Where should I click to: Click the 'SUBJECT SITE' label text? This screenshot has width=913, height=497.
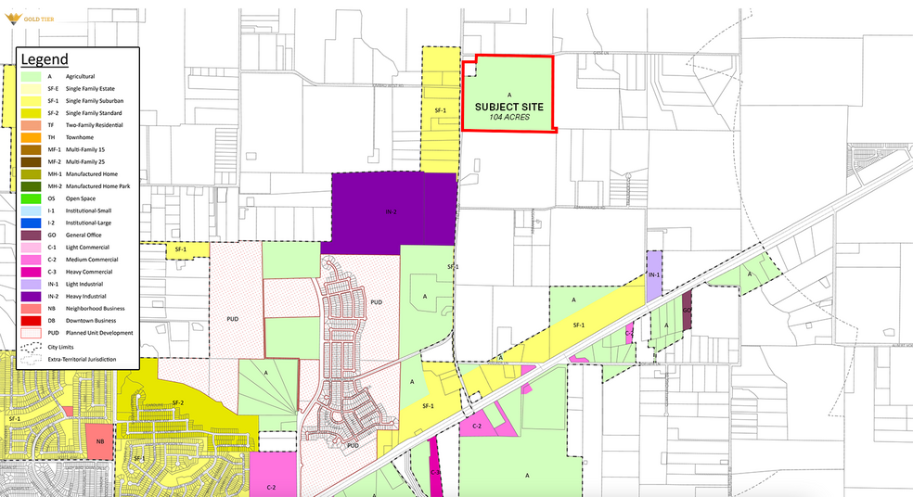pos(508,107)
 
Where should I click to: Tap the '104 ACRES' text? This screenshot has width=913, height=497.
pos(508,119)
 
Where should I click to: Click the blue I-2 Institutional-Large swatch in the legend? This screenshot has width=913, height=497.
pos(29,223)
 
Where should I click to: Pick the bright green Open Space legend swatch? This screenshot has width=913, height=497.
pos(29,198)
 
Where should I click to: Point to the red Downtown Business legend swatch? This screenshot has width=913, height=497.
pos(29,320)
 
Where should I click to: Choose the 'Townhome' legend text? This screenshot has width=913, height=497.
pos(81,137)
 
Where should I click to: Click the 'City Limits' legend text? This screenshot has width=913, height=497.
pos(80,347)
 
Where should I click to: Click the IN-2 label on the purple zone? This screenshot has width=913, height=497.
pos(392,212)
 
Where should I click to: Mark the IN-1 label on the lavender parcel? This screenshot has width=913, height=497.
pos(653,275)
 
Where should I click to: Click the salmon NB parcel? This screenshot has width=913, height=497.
pos(98,441)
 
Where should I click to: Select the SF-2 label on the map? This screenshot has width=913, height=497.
pos(178,401)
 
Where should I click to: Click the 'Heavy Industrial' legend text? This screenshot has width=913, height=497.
pos(87,296)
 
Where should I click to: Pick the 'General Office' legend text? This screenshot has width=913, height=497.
pos(86,236)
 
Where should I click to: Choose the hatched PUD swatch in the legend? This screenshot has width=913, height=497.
pos(29,332)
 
